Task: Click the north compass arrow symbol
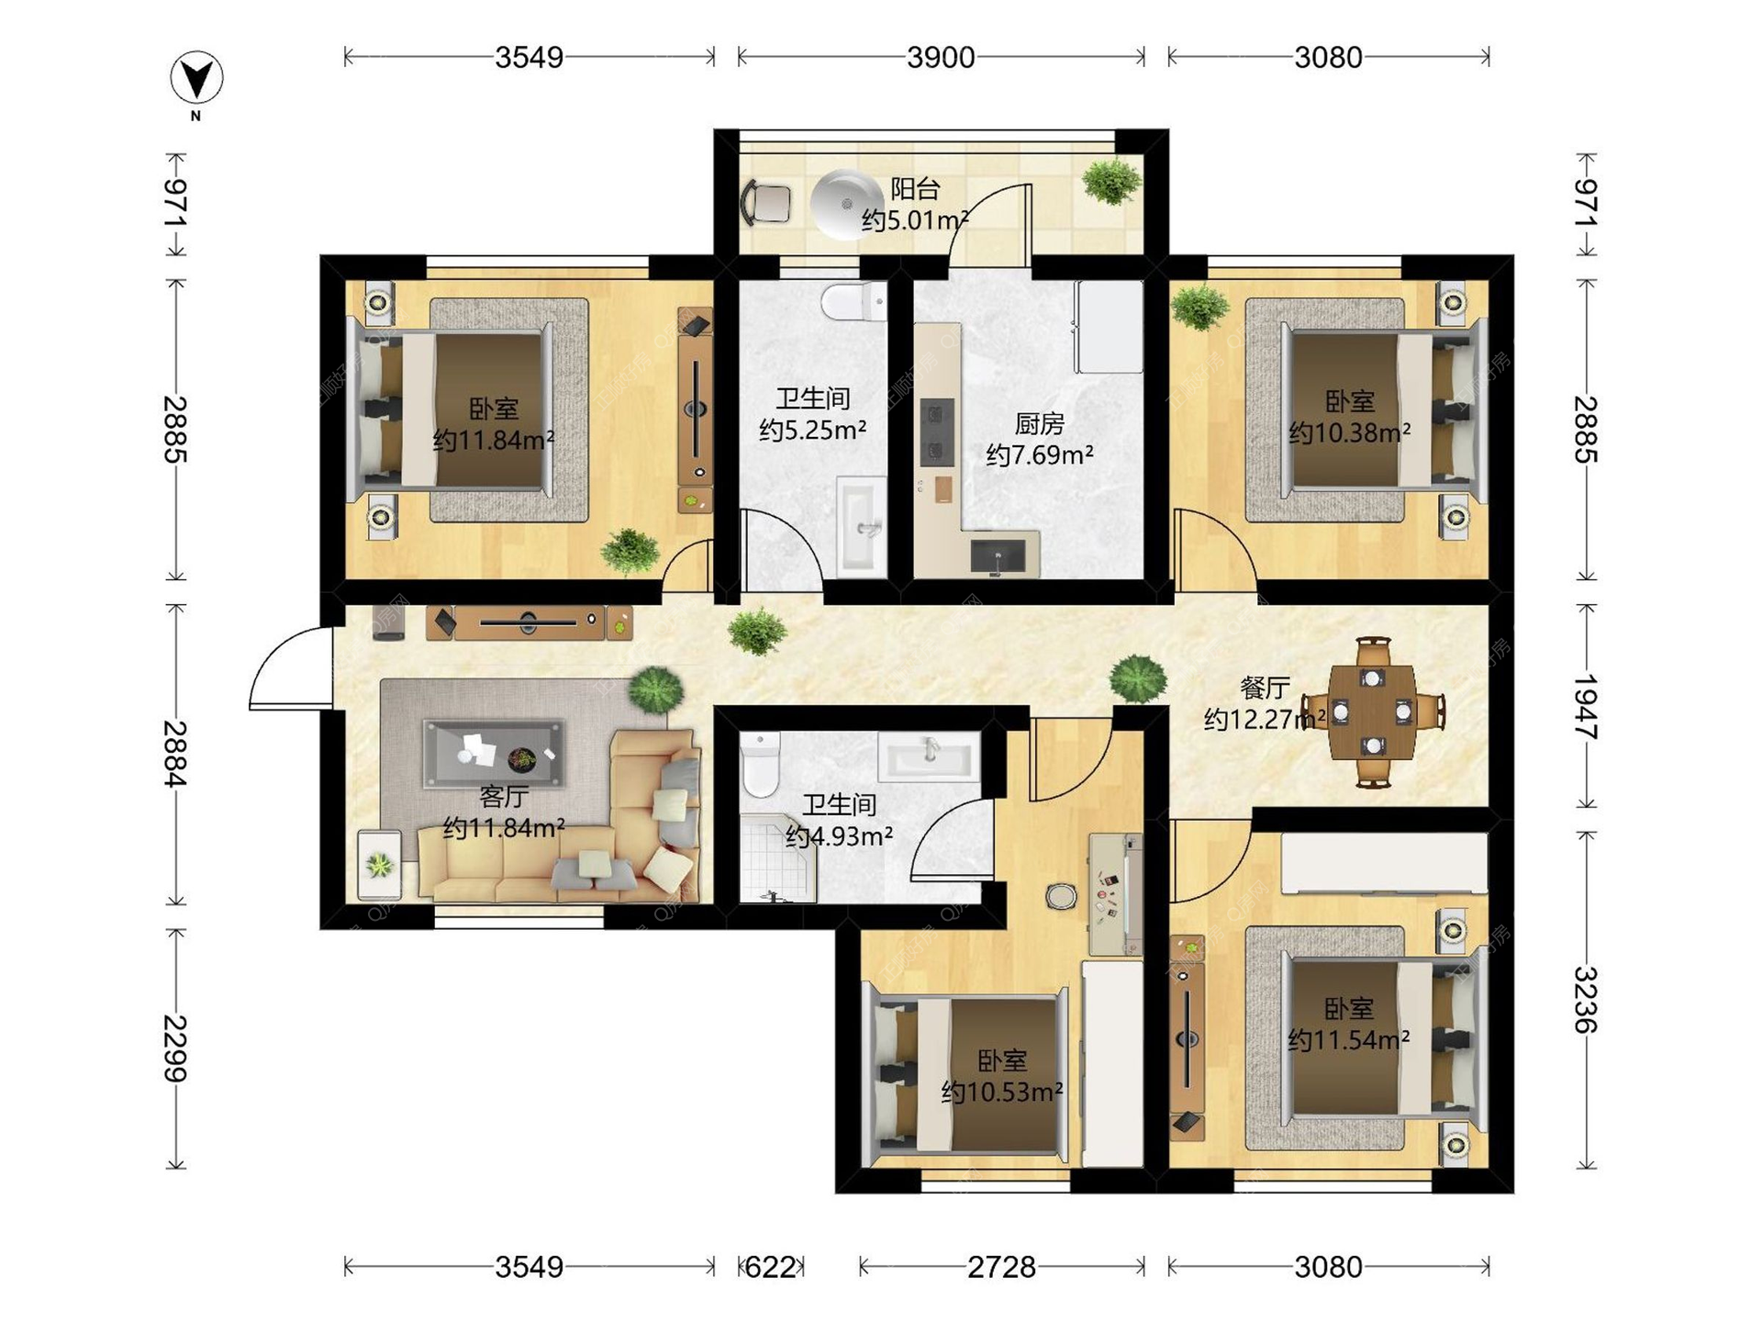[x=196, y=78]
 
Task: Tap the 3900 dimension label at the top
[x=941, y=58]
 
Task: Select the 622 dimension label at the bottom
[x=770, y=1267]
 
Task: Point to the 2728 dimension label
[x=1001, y=1267]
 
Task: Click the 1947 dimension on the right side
[x=1586, y=707]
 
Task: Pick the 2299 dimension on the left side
[x=175, y=1048]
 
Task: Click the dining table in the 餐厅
[x=1373, y=711]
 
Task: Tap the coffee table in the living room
[x=494, y=754]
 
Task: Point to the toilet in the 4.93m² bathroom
[x=760, y=764]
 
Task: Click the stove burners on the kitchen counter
[x=937, y=433]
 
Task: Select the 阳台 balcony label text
[x=915, y=189]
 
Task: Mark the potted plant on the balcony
[x=1110, y=181]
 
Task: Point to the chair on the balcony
[x=765, y=203]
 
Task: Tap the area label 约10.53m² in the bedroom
[x=1002, y=1092]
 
